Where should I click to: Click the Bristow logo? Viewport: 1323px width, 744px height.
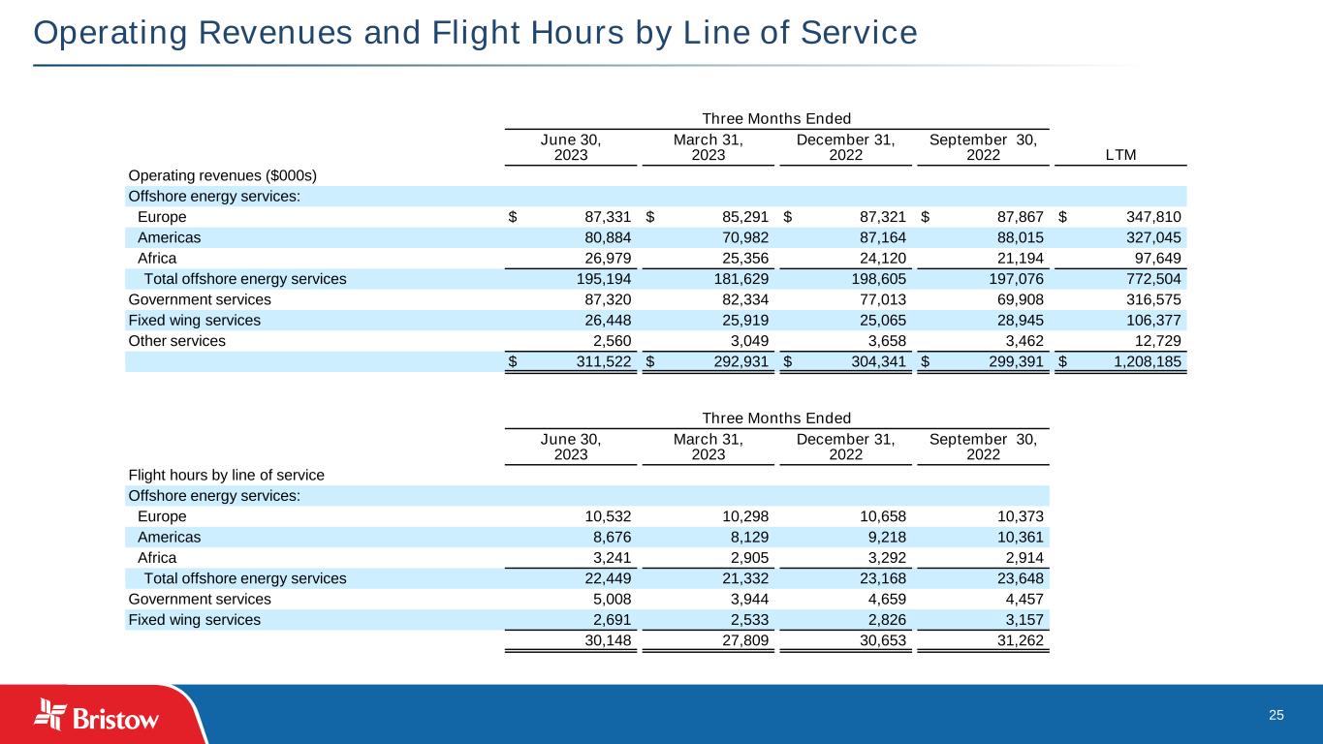(x=97, y=717)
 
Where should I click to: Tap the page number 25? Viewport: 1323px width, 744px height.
(x=1276, y=715)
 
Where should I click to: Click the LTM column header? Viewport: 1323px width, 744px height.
(x=1120, y=155)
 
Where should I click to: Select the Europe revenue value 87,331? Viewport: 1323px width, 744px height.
(x=607, y=217)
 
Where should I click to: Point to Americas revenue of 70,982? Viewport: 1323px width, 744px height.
(x=744, y=237)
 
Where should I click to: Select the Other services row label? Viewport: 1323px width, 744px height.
(x=176, y=341)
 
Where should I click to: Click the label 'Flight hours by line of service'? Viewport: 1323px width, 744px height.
(x=226, y=475)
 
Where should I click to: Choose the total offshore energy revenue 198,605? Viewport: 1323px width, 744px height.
(x=877, y=279)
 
